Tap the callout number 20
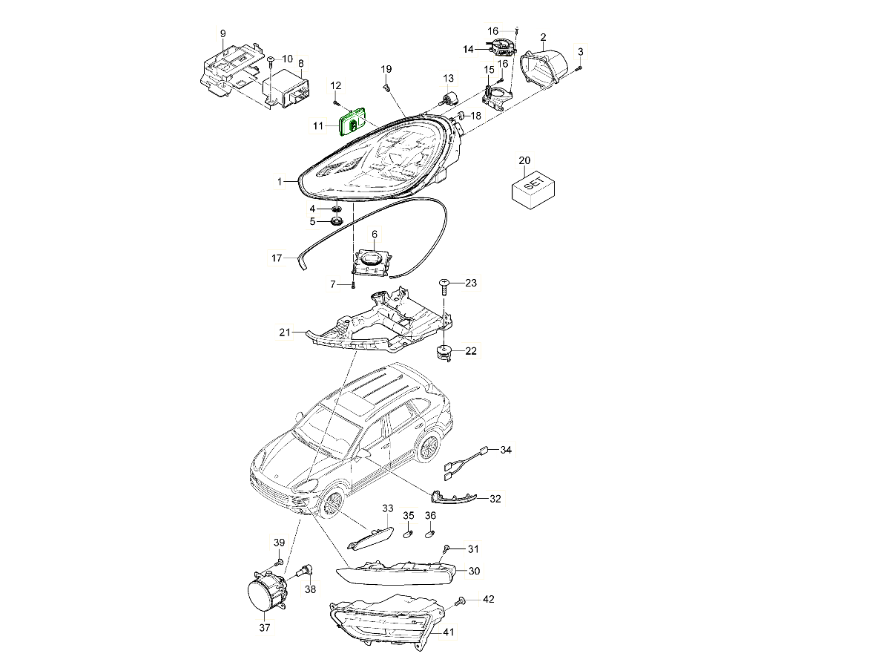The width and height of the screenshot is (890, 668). [524, 160]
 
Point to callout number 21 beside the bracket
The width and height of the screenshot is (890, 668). [285, 333]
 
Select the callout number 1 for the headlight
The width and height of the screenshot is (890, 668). [280, 180]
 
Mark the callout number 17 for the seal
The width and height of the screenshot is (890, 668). [277, 258]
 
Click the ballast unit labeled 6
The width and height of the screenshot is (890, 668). [374, 262]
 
